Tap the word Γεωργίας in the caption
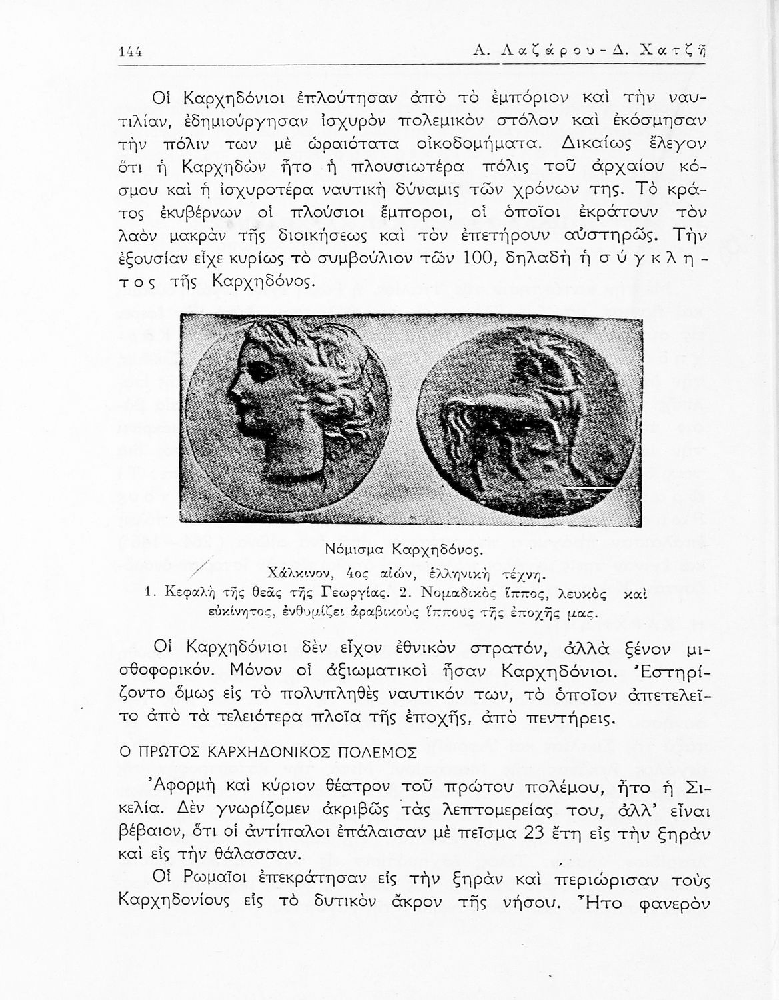coord(361,591)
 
